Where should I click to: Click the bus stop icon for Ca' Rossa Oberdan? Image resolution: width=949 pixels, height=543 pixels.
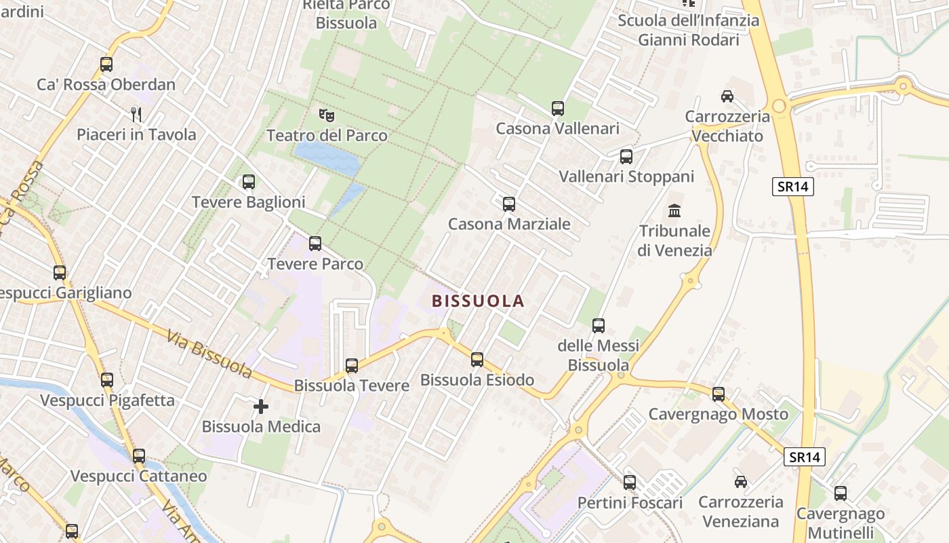click(x=106, y=64)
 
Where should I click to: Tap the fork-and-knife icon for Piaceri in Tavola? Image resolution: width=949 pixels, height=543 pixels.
click(x=136, y=114)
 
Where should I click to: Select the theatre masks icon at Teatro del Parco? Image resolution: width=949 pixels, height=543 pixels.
click(x=327, y=115)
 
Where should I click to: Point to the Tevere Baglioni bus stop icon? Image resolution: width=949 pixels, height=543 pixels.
click(x=249, y=182)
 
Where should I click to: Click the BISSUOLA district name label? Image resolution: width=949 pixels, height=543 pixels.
click(x=479, y=301)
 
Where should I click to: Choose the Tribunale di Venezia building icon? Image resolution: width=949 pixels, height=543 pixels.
click(x=674, y=211)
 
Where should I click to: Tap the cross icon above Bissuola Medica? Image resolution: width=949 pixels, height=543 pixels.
click(x=261, y=407)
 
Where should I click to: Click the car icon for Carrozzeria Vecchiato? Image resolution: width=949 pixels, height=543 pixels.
click(x=727, y=96)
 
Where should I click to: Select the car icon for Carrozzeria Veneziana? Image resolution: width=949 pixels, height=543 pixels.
click(x=741, y=482)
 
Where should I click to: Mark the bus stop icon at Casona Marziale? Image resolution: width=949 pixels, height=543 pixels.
click(x=509, y=204)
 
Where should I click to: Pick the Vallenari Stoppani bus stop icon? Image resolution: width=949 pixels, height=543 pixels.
click(x=626, y=157)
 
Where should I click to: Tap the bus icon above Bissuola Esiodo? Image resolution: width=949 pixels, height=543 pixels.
click(x=477, y=360)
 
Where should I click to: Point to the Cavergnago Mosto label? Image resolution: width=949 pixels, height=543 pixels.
click(x=719, y=414)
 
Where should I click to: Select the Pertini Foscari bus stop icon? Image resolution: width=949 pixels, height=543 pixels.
click(x=630, y=483)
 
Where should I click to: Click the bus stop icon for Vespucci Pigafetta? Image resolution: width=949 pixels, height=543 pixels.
click(x=107, y=380)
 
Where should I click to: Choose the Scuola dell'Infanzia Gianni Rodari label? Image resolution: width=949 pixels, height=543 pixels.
click(x=688, y=30)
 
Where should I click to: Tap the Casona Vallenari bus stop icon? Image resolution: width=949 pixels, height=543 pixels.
click(x=558, y=108)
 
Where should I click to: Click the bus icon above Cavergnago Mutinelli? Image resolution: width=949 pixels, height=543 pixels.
click(x=841, y=493)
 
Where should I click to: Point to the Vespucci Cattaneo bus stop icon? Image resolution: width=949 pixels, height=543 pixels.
click(x=139, y=456)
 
